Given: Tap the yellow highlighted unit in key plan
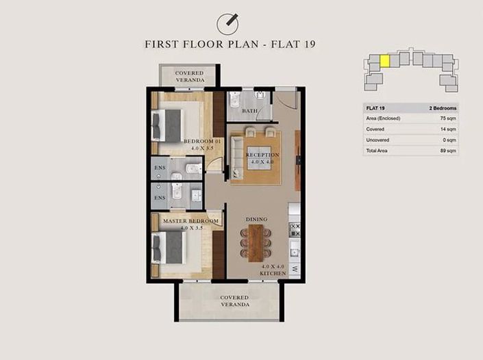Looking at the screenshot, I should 385,61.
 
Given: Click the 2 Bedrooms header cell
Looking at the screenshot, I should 443,108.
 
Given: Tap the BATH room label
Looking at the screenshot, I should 249,111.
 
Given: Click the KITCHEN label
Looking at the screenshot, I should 272,273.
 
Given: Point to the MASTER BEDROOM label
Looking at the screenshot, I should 190,222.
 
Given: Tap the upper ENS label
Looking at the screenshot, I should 160,167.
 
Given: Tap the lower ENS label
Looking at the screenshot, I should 160,198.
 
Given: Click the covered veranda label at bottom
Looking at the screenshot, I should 234,302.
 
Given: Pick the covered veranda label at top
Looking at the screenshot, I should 189,76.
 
